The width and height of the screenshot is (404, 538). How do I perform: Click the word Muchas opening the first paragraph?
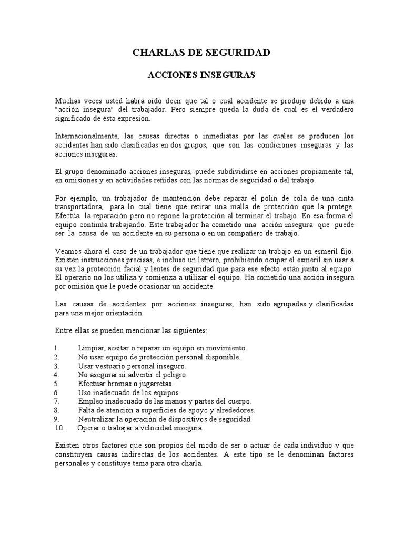point(67,100)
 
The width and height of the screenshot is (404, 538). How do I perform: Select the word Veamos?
point(67,252)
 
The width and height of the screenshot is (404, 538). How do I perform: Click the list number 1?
point(56,348)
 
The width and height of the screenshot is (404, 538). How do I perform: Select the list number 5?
point(57,384)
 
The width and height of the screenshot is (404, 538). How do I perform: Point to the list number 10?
point(59,428)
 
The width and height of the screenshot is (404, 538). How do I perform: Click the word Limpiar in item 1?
point(90,348)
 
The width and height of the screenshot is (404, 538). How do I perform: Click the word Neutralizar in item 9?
point(97,419)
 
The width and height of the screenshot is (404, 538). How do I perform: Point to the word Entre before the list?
point(65,331)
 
